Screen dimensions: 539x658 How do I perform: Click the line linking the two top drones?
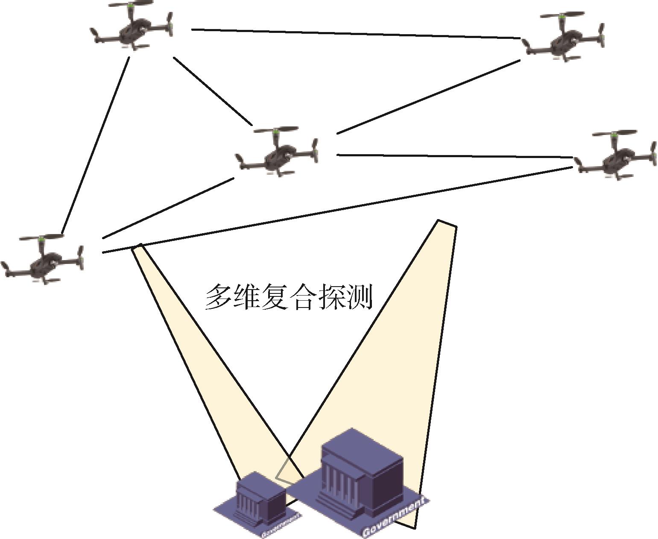pos(354,34)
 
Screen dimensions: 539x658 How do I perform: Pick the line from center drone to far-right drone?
pos(455,156)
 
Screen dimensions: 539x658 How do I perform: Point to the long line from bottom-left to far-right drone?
pos(337,209)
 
